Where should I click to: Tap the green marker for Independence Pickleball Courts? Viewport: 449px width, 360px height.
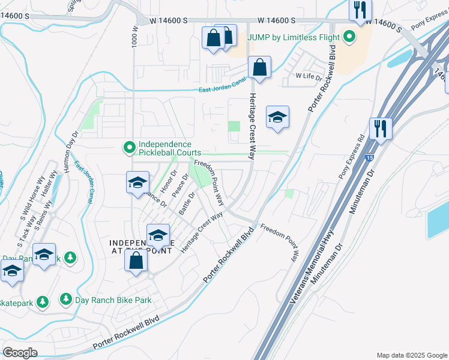click(x=128, y=147)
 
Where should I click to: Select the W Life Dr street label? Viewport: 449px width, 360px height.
click(x=309, y=76)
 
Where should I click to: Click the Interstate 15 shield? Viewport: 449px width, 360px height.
click(x=369, y=157)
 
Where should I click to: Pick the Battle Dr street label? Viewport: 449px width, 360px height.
click(x=187, y=203)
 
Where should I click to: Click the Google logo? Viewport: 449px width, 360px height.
click(x=20, y=353)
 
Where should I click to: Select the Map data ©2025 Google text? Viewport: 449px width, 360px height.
click(x=411, y=355)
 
